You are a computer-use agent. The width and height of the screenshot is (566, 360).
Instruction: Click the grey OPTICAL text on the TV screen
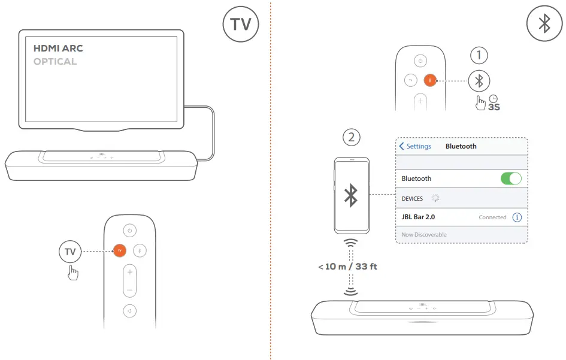(55, 62)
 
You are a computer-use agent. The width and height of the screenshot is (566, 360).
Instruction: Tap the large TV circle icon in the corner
(241, 25)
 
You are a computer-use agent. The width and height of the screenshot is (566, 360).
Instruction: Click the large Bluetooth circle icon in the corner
(544, 25)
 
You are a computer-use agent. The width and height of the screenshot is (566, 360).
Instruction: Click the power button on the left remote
(130, 230)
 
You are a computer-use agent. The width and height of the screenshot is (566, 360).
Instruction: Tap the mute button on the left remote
(130, 311)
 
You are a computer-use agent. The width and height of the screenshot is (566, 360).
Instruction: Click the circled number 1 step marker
(479, 56)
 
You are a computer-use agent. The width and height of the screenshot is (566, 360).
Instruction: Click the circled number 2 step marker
(352, 137)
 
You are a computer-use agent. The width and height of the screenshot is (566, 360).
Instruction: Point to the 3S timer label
(494, 107)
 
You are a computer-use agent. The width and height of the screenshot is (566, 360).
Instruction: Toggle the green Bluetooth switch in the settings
(510, 179)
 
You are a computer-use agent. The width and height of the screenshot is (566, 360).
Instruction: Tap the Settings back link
(415, 146)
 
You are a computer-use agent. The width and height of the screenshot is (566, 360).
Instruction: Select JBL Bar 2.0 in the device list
(418, 217)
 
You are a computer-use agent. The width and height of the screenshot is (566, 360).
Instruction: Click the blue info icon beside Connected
(517, 217)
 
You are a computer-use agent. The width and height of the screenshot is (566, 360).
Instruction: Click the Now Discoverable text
(424, 235)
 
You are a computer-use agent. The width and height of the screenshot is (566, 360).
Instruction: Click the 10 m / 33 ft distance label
(347, 267)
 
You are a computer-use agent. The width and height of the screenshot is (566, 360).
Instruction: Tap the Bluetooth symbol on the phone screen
(352, 195)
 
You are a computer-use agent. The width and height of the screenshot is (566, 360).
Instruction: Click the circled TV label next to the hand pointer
(70, 252)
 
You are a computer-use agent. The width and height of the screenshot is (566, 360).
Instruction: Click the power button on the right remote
(421, 61)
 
